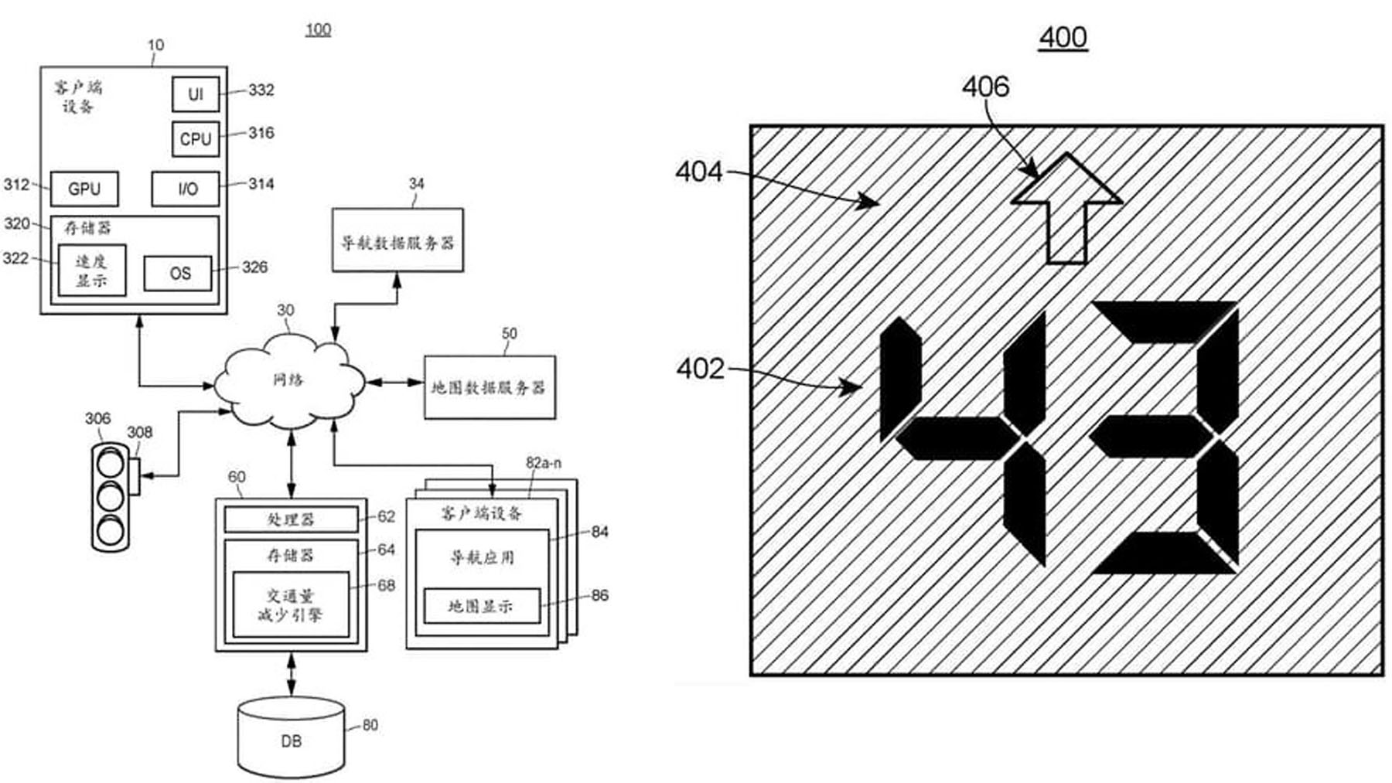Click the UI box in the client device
[195, 94]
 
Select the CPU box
[195, 139]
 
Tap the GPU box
[84, 189]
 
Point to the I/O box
[186, 189]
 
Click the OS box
[178, 274]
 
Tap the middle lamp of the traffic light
[110, 496]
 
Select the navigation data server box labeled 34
[397, 240]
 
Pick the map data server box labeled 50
[490, 387]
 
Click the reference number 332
[261, 90]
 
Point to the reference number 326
[254, 267]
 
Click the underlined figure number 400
[1063, 37]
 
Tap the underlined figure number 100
[318, 29]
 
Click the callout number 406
[985, 87]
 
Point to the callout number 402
[700, 369]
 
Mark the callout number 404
[698, 172]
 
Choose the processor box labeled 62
[291, 519]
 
